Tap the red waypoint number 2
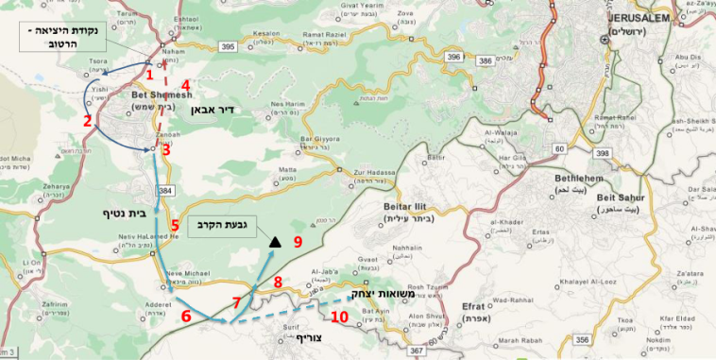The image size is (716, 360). (x=86, y=121)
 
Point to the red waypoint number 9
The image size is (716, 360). (x=297, y=242)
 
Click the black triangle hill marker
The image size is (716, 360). (x=274, y=243)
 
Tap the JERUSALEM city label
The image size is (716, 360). (x=639, y=18)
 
